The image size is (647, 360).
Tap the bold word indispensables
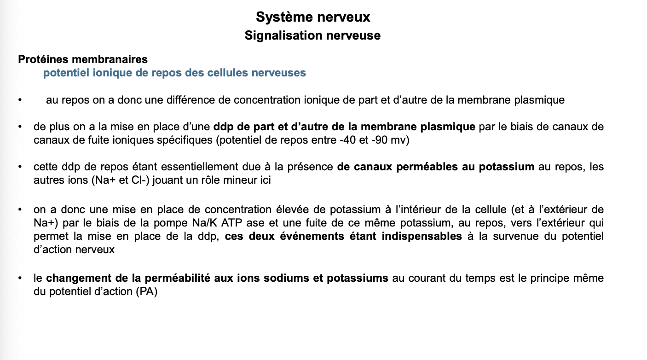tap(422, 237)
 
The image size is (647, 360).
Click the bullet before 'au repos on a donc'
tap(20, 100)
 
